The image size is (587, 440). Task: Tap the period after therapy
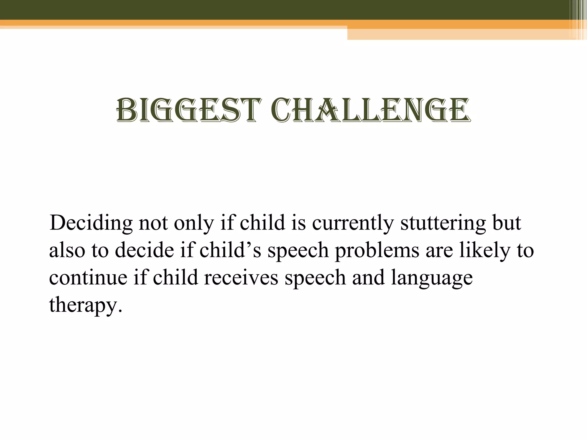pyautogui.click(x=120, y=311)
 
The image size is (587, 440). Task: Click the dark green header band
pyautogui.click(x=287, y=9)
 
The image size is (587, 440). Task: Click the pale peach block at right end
pyautogui.click(x=459, y=34)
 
